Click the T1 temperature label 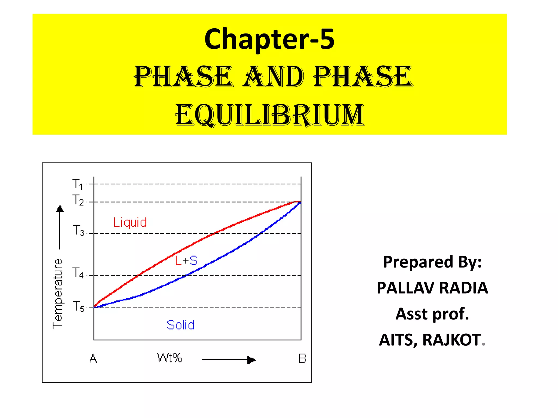click(x=77, y=184)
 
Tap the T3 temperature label click(x=78, y=230)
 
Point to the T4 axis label click(x=78, y=273)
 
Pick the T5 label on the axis click(x=78, y=306)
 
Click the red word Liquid click(x=130, y=222)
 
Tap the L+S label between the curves click(x=186, y=261)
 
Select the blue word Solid click(x=181, y=325)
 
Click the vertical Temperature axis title click(x=58, y=294)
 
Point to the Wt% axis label click(x=169, y=358)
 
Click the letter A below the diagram click(x=93, y=359)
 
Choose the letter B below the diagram click(x=302, y=359)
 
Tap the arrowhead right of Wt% click(x=251, y=360)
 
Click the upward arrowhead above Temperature click(x=60, y=209)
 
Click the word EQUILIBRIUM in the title click(x=270, y=115)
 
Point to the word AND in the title click(x=273, y=77)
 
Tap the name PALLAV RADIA click(x=432, y=288)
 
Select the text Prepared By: click(x=432, y=262)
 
